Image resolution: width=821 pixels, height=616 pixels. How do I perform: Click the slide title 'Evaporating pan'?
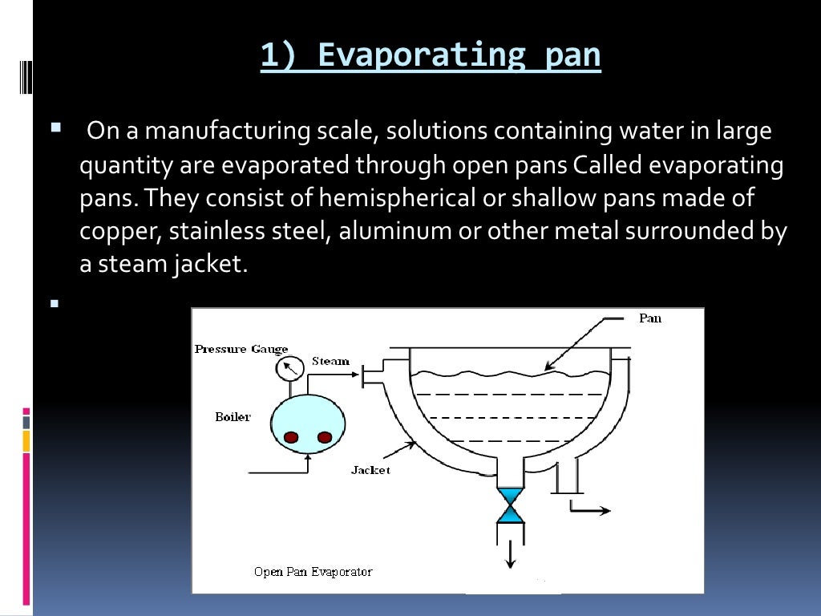(x=431, y=55)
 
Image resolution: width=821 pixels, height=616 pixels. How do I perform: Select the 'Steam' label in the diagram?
(x=330, y=361)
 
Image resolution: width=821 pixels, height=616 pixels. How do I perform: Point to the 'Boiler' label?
(x=233, y=417)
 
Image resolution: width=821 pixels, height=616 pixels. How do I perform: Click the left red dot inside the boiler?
(x=291, y=437)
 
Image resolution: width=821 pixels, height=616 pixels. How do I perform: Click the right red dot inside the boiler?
(x=325, y=437)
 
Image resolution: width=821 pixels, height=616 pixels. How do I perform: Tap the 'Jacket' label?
(x=370, y=470)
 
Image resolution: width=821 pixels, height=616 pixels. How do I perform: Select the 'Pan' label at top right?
(x=650, y=318)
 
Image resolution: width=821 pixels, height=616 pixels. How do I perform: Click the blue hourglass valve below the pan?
(x=510, y=505)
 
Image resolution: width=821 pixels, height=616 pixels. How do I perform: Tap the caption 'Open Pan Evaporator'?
(x=313, y=572)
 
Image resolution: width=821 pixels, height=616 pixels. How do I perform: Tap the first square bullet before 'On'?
(x=55, y=127)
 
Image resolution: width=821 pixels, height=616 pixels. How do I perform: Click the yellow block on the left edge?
(x=26, y=440)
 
